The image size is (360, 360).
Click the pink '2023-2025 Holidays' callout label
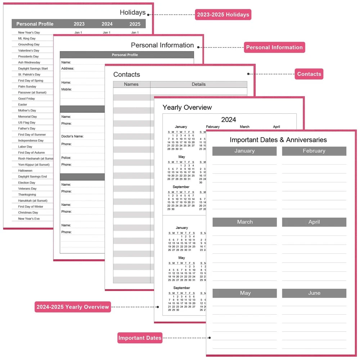(223, 15)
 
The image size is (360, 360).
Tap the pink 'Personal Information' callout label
(274, 48)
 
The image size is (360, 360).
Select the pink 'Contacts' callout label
(309, 74)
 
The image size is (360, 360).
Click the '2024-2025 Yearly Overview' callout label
(72, 307)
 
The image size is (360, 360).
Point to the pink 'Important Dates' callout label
(140, 338)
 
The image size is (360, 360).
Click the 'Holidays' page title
(132, 13)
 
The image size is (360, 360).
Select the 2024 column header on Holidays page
(107, 24)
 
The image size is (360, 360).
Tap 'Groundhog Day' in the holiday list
(29, 45)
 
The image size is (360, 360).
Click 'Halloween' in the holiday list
(25, 171)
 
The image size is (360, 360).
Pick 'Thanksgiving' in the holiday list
(27, 195)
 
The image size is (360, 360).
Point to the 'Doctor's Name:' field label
(72, 136)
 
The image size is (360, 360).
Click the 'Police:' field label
(66, 158)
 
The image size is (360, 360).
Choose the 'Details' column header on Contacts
(198, 84)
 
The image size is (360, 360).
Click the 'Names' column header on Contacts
(131, 84)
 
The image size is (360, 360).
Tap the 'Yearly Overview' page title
(187, 107)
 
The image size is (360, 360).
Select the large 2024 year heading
(229, 120)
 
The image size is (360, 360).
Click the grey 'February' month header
(314, 151)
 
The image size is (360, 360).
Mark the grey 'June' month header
(314, 293)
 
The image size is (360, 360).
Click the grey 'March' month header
(245, 222)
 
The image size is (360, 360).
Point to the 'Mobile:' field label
(66, 89)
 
